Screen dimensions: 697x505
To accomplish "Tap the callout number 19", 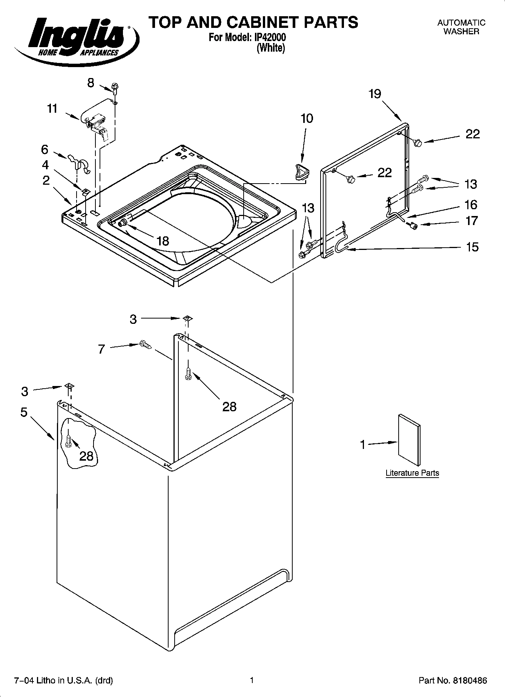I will pos(375,93).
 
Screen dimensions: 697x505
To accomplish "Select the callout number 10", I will pos(307,118).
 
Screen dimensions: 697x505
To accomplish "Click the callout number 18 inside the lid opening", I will pos(163,241).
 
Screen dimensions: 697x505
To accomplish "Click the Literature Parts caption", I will pos(412,473).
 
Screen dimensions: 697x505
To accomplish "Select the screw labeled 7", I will pos(144,344).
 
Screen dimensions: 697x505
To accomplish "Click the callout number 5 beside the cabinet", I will pos(24,412).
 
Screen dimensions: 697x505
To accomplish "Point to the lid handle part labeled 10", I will pos(301,172).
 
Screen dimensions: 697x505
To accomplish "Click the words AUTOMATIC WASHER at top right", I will pos(461,27).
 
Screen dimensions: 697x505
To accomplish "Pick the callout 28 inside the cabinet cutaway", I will pos(86,456).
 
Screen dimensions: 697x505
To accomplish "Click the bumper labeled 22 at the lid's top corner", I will pos(418,142).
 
